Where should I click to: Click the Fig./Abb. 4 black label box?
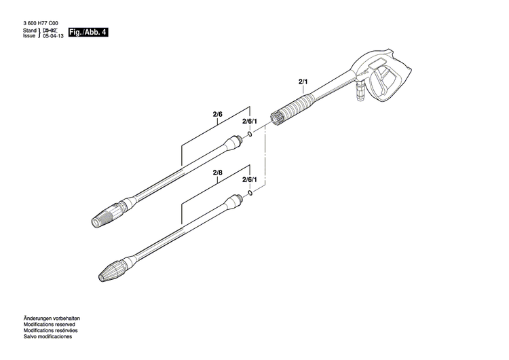(89, 33)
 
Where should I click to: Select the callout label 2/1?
(302, 82)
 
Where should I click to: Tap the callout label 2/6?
(217, 114)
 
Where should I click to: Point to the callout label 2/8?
(217, 173)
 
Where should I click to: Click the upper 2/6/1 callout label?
(250, 121)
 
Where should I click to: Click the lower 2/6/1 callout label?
(250, 180)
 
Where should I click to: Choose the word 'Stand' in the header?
(29, 31)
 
